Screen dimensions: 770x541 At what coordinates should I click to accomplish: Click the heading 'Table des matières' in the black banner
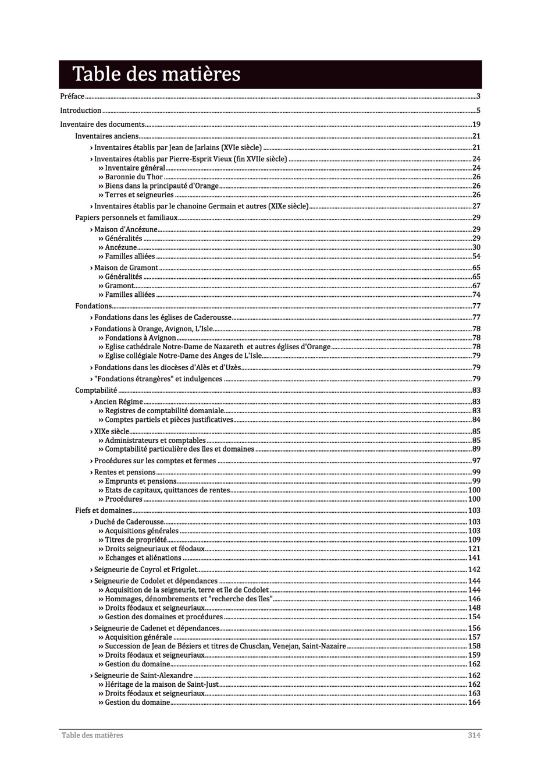[156, 74]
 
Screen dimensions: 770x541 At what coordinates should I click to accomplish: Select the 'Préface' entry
[72, 97]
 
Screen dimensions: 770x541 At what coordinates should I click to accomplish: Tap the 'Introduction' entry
[81, 111]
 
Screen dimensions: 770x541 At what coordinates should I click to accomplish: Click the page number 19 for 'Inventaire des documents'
[476, 125]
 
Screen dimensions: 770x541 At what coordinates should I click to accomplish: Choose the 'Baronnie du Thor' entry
[134, 177]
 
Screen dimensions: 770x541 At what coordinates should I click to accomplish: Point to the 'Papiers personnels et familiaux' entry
[126, 218]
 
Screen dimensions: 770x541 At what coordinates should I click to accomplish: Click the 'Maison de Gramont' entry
[126, 268]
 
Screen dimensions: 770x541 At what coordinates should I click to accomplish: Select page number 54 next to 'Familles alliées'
[476, 257]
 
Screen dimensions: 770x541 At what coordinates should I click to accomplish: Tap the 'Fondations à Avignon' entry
[140, 338]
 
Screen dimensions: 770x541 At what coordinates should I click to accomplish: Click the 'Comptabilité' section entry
[96, 391]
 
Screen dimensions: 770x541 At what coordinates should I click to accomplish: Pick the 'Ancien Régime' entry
[119, 402]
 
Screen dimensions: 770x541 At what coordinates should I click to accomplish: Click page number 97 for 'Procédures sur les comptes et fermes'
[476, 461]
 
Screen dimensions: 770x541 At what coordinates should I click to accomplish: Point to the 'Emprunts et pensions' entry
[140, 481]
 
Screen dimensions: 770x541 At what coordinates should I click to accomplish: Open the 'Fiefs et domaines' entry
[104, 511]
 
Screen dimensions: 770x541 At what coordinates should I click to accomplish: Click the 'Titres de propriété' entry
[136, 540]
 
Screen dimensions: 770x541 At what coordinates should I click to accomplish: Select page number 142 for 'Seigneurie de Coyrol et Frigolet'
[474, 570]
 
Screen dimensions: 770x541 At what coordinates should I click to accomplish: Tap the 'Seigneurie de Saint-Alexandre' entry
[143, 676]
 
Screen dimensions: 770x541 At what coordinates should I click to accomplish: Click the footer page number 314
[474, 736]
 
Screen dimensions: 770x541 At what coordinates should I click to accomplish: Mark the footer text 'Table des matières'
[92, 736]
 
